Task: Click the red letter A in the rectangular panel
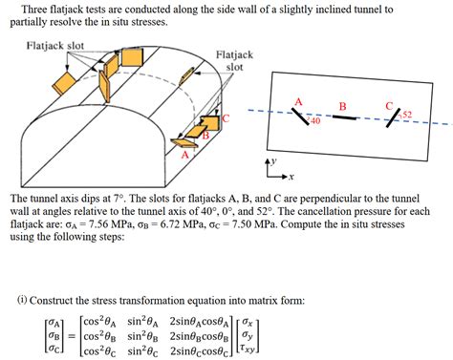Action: tap(298, 102)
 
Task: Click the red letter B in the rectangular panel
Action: tap(343, 106)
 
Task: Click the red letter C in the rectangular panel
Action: tap(389, 106)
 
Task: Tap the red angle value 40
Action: tap(315, 120)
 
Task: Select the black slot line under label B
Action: tap(344, 117)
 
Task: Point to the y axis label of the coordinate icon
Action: tap(273, 161)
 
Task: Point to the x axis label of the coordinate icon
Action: tap(291, 177)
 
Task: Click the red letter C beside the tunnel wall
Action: tap(226, 118)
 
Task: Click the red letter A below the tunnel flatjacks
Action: tap(185, 155)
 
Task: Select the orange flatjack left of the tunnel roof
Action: tap(64, 83)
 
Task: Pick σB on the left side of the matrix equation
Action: tap(54, 335)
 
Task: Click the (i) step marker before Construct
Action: tap(22, 300)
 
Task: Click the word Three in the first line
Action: tap(34, 10)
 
